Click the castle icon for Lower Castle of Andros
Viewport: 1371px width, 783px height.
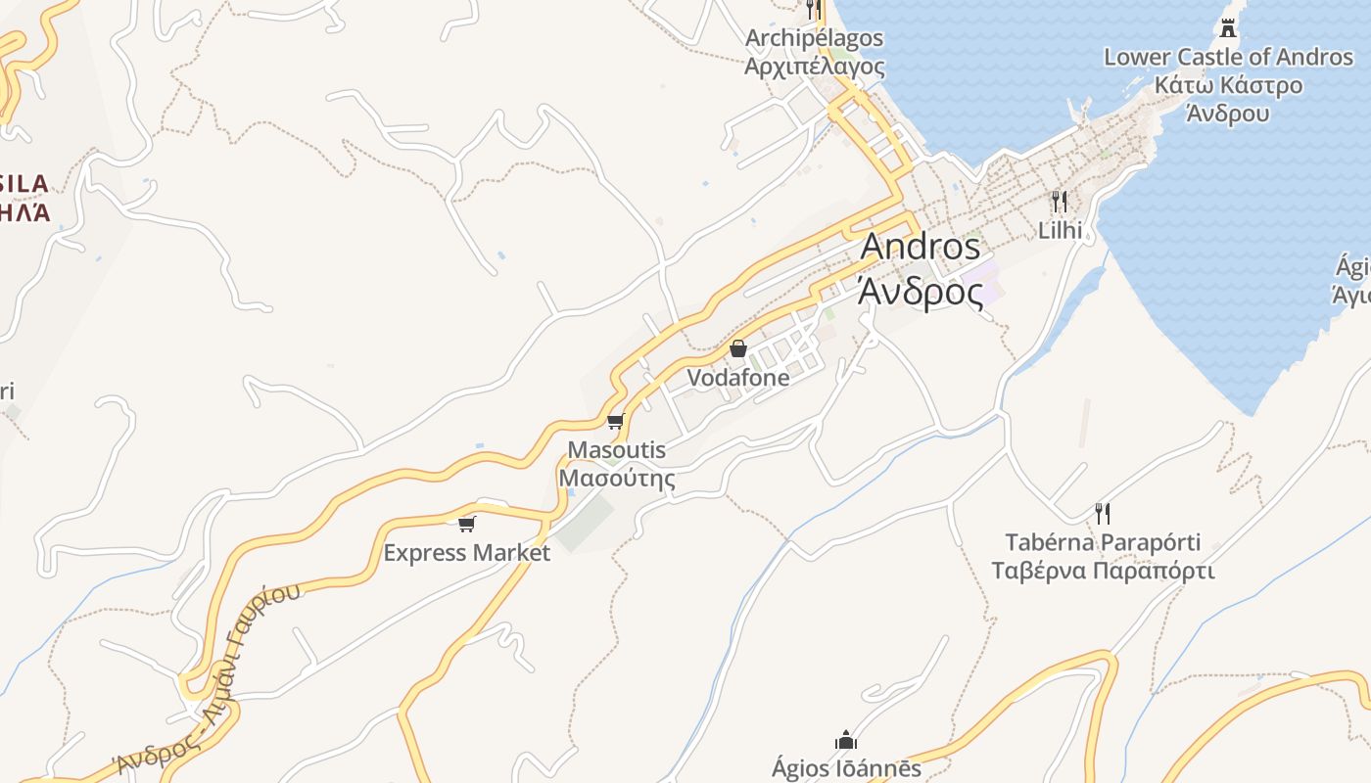coord(1228,27)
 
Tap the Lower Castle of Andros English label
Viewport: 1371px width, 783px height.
coord(1228,57)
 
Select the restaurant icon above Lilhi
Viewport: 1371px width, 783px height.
coord(1060,202)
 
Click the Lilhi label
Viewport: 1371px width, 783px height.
coord(1060,230)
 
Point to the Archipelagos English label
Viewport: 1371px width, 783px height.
coord(814,38)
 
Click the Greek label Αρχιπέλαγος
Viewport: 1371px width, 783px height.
coord(814,67)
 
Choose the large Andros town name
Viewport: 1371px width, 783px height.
coord(920,247)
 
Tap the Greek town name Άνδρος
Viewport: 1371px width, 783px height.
coord(920,291)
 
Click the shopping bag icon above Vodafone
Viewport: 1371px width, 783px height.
coord(738,348)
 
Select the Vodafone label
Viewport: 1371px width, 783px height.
coord(737,377)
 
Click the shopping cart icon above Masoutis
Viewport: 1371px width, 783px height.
coord(615,422)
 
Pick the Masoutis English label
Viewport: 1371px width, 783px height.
coord(617,450)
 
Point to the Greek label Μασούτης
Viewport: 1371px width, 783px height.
coord(617,479)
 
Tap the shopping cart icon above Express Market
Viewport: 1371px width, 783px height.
coord(467,524)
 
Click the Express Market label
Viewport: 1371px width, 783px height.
coord(466,553)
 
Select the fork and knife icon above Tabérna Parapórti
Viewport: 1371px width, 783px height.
coord(1103,513)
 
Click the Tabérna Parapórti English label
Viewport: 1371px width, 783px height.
coord(1103,542)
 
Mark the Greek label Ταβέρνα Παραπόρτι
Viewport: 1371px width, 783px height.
coord(1103,571)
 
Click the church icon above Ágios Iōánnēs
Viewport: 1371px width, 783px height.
coord(846,740)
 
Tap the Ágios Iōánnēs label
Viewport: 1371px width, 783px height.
coord(846,768)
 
